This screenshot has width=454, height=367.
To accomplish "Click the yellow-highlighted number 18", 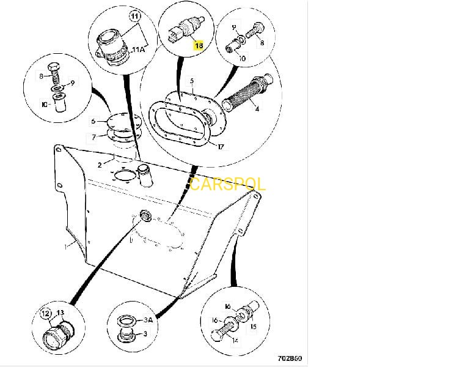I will [x=198, y=45].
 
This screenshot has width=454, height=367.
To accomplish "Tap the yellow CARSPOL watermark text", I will [x=227, y=183].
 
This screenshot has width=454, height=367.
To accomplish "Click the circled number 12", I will [x=45, y=314].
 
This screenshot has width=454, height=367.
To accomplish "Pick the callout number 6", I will [x=93, y=121].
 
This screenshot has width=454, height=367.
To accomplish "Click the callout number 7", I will [x=93, y=137].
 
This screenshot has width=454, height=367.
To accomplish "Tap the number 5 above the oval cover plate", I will [x=191, y=80].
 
